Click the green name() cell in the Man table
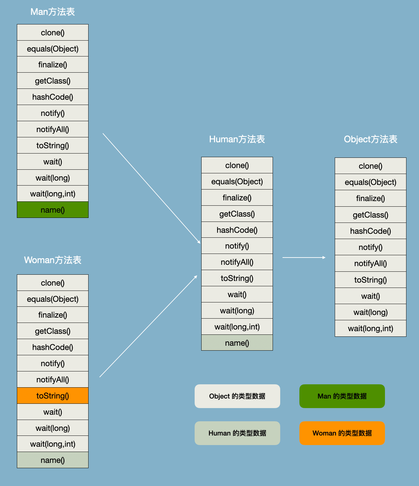pos(53,210)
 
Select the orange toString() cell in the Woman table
pos(53,396)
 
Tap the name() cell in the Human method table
pos(237,343)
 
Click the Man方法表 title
pos(53,12)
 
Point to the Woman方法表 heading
pos(53,260)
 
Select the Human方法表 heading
pos(237,139)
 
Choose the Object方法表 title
pos(370,139)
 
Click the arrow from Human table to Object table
pos(304,258)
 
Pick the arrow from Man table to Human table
pos(151,188)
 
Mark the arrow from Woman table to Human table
pos(148,327)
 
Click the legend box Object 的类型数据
pos(237,396)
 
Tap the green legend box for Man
pos(342,396)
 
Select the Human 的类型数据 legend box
pos(237,433)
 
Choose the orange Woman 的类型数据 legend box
pos(342,433)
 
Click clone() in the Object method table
pos(370,166)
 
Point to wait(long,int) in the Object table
pos(370,329)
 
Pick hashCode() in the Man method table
pos(53,97)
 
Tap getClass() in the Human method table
pos(237,214)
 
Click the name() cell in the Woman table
pos(53,460)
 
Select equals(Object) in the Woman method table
pos(53,299)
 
